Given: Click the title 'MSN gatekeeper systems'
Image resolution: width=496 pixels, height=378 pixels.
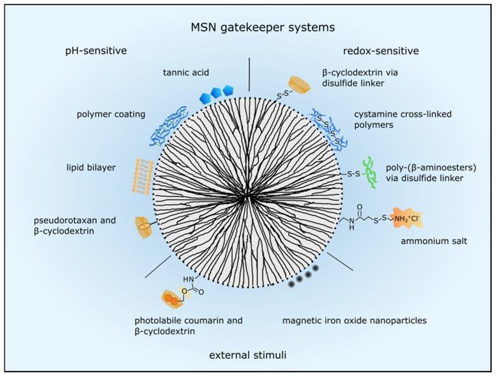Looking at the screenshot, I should tap(248, 27).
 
